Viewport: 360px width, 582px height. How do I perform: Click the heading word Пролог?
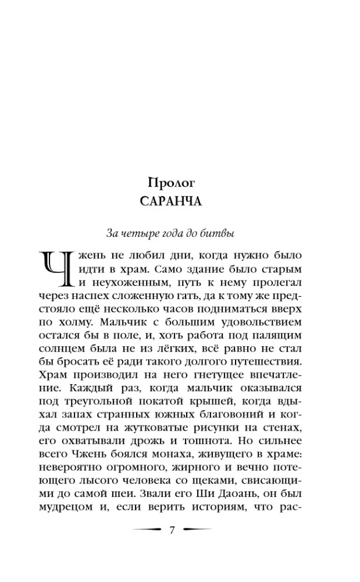tap(171, 182)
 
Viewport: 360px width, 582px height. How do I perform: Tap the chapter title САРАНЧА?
tap(171, 203)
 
